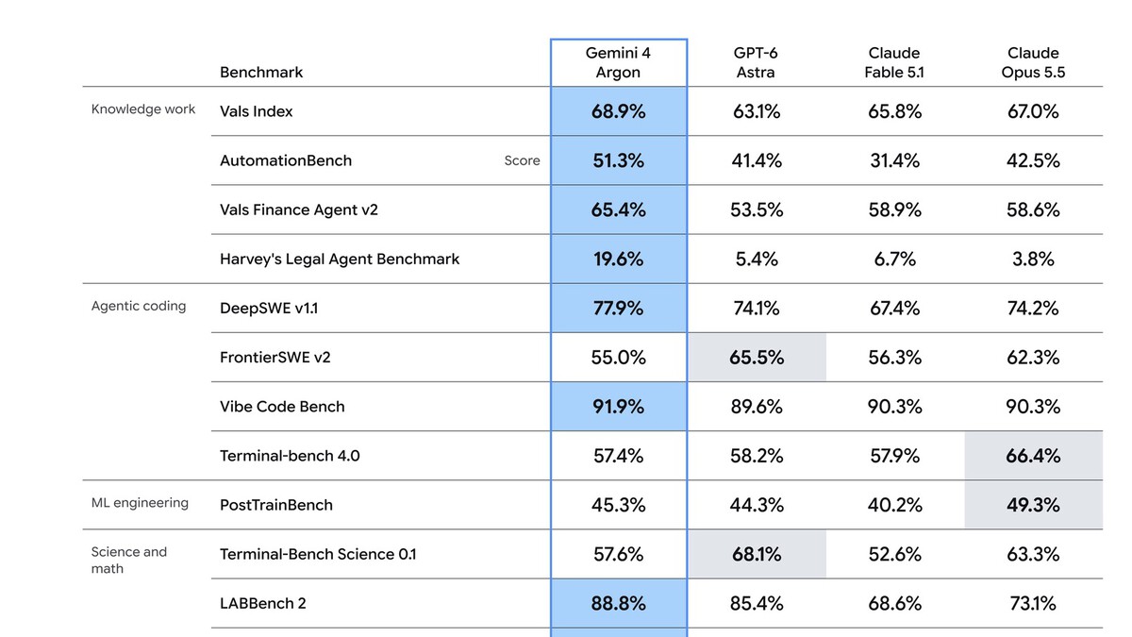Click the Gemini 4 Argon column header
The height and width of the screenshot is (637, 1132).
618,62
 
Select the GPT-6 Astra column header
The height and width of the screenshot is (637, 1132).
756,62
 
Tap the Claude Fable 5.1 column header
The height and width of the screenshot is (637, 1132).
894,62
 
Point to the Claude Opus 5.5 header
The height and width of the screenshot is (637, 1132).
1033,62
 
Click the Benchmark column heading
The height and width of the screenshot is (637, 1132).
261,73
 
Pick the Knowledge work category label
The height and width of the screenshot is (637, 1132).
143,109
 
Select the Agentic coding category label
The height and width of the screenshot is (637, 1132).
139,306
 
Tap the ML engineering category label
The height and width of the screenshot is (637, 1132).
140,502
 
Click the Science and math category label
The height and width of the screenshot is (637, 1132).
129,561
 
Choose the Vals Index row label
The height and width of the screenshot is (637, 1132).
257,111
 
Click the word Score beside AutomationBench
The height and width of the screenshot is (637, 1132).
522,160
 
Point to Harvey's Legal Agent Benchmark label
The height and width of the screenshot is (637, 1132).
340,259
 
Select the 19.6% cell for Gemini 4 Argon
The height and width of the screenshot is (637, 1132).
619,259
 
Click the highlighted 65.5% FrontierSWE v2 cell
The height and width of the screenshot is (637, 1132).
757,358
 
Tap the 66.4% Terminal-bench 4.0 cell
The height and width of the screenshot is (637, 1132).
1034,456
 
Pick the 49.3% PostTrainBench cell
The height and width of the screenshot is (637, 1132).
1034,505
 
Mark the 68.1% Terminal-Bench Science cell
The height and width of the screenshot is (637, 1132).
757,554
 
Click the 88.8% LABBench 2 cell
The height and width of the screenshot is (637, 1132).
619,603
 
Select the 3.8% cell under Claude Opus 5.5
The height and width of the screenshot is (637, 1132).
1033,259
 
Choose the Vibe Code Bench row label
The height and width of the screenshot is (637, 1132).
282,407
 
